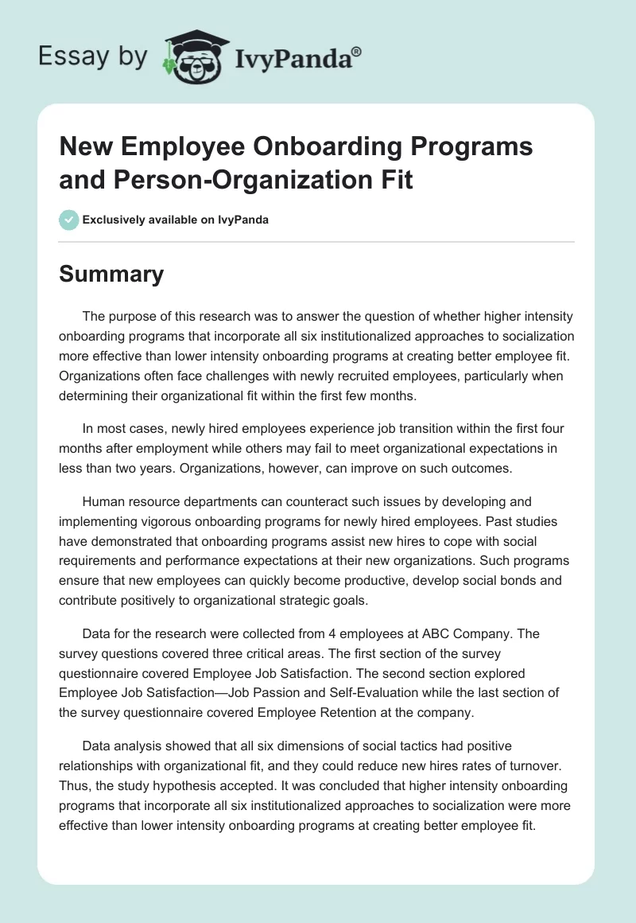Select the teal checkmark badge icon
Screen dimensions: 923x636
point(69,220)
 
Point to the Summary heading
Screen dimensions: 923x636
point(111,274)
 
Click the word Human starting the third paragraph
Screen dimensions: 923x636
point(102,502)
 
